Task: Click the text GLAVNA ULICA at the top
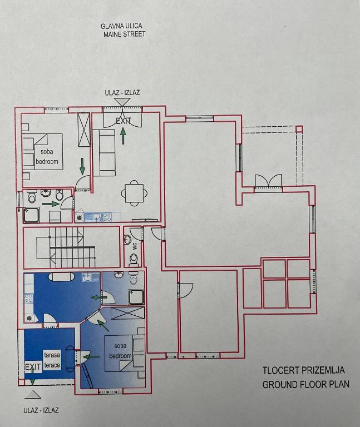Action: (121, 26)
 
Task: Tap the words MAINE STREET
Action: (124, 34)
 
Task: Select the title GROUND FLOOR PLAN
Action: (306, 384)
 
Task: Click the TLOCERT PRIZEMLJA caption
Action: (304, 370)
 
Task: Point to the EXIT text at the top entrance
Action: (124, 121)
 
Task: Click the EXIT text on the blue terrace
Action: (33, 366)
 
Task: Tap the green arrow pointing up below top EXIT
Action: (123, 136)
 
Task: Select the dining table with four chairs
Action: (134, 193)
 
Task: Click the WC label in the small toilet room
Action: (135, 246)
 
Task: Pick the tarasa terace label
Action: (52, 360)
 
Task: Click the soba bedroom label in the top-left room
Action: (47, 157)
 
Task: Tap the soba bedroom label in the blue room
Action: (120, 351)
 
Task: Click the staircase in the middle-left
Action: (66, 247)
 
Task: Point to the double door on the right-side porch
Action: (268, 181)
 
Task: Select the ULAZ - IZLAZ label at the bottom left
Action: (41, 410)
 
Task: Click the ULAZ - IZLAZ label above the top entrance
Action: (122, 93)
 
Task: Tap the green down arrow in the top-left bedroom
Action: (82, 166)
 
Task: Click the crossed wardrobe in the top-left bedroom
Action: (83, 130)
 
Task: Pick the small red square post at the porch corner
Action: (299, 129)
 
